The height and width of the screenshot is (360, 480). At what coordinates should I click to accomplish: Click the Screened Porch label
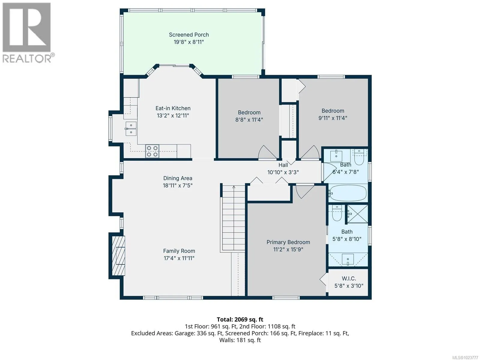click(189, 35)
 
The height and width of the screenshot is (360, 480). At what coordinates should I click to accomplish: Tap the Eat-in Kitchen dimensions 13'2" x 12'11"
click(173, 115)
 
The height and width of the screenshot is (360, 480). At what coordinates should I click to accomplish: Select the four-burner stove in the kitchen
click(152, 151)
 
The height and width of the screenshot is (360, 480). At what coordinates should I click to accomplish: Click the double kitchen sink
click(131, 129)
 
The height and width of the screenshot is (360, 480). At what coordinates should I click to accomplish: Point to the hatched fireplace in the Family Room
click(118, 256)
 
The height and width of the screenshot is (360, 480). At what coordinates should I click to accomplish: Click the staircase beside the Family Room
click(234, 218)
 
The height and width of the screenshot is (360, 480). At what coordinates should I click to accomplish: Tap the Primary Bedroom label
click(288, 242)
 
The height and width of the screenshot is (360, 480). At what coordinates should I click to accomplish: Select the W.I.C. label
click(349, 278)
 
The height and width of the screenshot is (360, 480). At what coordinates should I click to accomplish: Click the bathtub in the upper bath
click(348, 193)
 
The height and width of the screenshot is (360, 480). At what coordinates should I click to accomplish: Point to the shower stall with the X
click(358, 214)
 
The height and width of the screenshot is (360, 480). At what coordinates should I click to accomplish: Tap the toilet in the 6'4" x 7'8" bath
click(358, 157)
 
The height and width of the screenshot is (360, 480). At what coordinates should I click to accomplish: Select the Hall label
click(283, 165)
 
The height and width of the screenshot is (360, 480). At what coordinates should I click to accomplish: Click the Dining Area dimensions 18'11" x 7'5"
click(178, 186)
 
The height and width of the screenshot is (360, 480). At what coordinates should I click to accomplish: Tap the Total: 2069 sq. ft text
click(240, 319)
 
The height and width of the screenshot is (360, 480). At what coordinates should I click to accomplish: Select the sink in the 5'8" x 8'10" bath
click(348, 259)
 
